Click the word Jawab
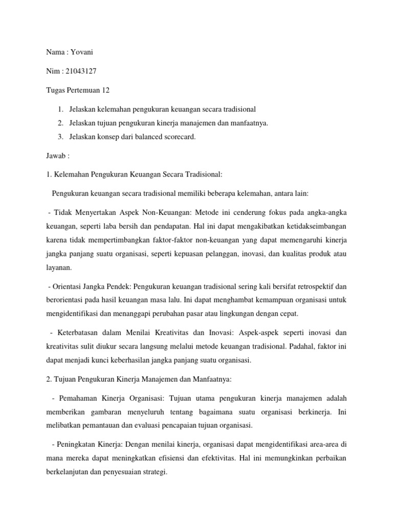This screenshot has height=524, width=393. pyautogui.click(x=54, y=155)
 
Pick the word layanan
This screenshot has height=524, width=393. pyautogui.click(x=59, y=267)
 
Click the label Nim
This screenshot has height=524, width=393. pyautogui.click(x=53, y=72)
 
